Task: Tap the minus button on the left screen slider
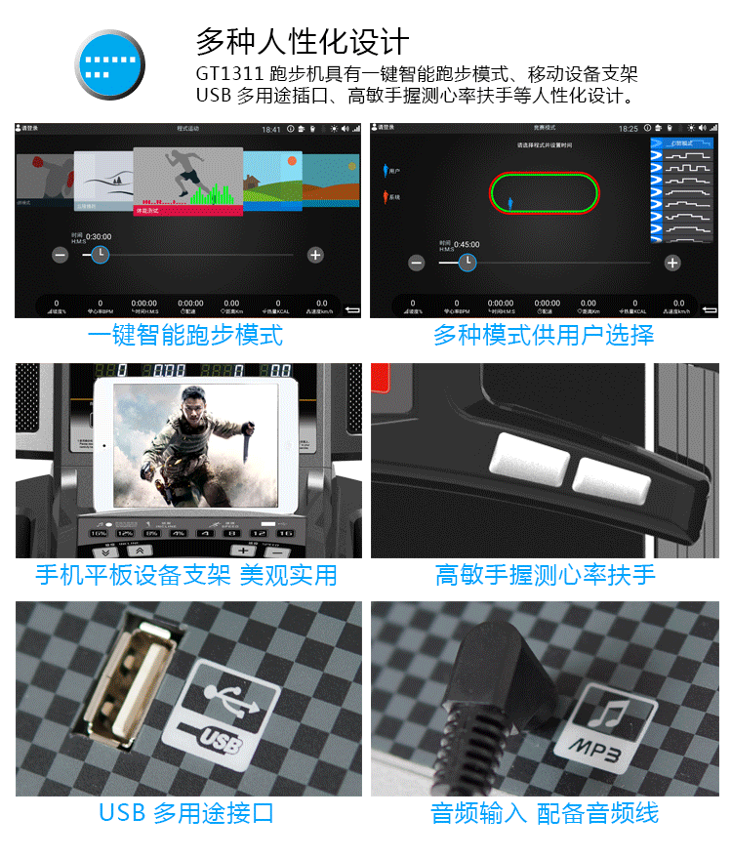pos(61,255)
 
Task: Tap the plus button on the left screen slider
pos(315,255)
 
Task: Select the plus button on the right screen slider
pos(671,263)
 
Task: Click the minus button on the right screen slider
pos(417,263)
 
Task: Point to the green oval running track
pos(543,192)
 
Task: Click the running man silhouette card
pos(187,181)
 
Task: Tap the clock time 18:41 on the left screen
pos(271,130)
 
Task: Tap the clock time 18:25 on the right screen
pos(628,130)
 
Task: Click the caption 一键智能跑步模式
pos(185,336)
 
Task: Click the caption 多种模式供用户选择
pos(544,336)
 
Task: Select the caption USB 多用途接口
pos(186,813)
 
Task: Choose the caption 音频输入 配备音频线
pos(545,813)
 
